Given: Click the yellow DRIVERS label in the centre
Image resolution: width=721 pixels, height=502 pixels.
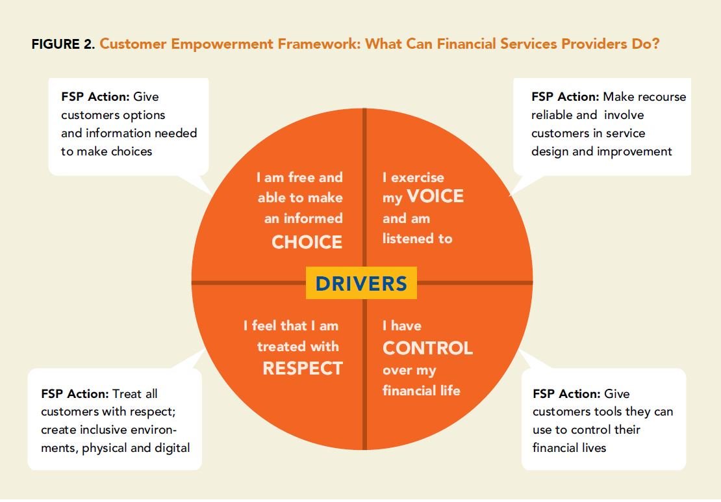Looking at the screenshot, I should (361, 284).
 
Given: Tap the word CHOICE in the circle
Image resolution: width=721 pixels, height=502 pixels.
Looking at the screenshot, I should (307, 242).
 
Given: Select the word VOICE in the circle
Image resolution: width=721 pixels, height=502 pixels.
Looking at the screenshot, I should (435, 196).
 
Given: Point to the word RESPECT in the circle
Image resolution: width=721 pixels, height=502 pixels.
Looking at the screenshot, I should (302, 368).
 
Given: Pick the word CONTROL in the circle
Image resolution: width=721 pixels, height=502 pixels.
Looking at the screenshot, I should (427, 348).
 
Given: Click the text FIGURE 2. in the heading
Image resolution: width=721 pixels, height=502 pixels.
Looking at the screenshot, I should (63, 45).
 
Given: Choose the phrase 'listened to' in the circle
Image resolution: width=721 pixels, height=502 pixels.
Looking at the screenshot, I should (417, 239).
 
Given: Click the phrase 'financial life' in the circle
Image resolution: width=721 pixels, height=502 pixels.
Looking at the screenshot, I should (421, 391).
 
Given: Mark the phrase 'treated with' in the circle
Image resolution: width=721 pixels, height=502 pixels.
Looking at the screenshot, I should (298, 347).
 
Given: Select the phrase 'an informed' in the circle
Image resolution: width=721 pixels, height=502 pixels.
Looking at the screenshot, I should (303, 218).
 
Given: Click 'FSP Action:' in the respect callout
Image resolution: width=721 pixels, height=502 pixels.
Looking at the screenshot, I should (74, 393).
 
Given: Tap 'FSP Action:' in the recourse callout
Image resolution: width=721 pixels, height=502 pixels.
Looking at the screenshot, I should (564, 97).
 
